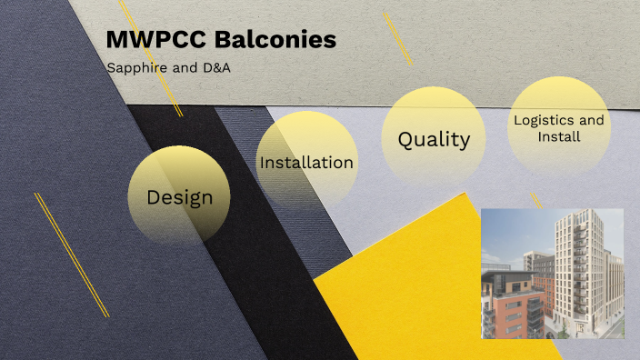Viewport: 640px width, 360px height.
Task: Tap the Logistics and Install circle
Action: [x=558, y=127]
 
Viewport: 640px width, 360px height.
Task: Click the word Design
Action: [x=179, y=197]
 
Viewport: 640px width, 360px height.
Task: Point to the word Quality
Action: [x=434, y=140]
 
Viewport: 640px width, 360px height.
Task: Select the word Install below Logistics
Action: [x=559, y=136]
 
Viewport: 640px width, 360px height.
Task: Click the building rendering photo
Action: [x=552, y=273]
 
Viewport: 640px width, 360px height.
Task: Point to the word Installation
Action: [x=306, y=163]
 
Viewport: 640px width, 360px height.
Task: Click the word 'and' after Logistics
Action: [x=592, y=120]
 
